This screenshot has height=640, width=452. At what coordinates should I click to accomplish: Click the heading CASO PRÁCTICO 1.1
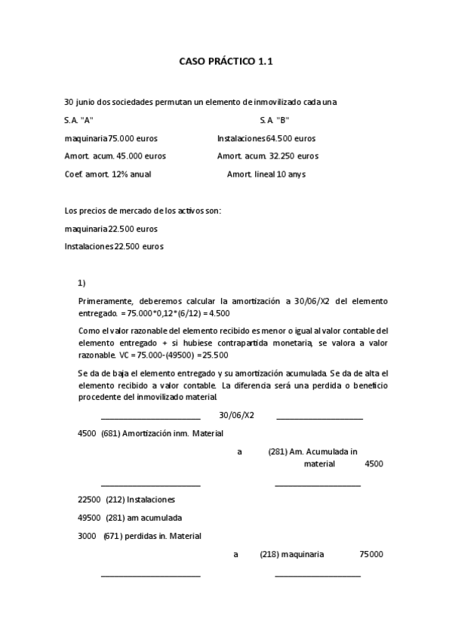(226, 62)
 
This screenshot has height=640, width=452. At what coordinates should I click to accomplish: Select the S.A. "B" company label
(274, 120)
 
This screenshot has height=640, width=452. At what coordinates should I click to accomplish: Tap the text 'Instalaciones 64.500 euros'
(266, 138)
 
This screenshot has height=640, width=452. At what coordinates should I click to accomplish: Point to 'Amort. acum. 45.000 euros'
(115, 156)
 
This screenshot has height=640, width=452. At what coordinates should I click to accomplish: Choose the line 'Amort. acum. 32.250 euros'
(267, 156)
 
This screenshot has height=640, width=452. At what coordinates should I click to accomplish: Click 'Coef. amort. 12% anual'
(108, 174)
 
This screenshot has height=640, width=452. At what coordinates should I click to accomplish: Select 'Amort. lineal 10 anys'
(266, 174)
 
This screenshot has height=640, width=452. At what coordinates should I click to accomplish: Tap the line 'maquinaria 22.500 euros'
(111, 229)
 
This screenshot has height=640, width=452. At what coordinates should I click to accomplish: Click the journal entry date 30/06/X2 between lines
(236, 415)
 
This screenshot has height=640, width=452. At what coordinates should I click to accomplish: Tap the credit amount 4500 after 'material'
(374, 463)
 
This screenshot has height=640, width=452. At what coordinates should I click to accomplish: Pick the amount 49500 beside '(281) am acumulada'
(89, 518)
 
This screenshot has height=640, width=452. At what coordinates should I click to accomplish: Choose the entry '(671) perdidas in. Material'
(152, 536)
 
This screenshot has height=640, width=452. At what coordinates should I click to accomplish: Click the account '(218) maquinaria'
(292, 554)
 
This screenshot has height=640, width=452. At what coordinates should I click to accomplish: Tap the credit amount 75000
(371, 554)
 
